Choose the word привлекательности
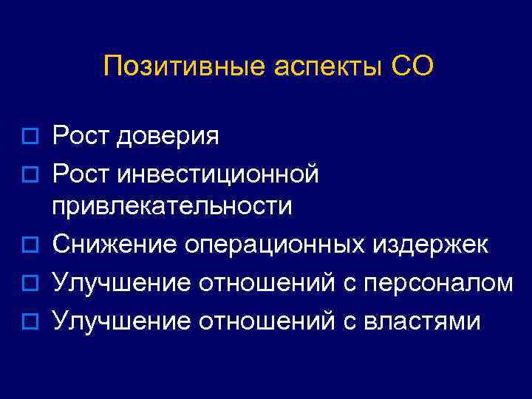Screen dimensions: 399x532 point(171,207)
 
